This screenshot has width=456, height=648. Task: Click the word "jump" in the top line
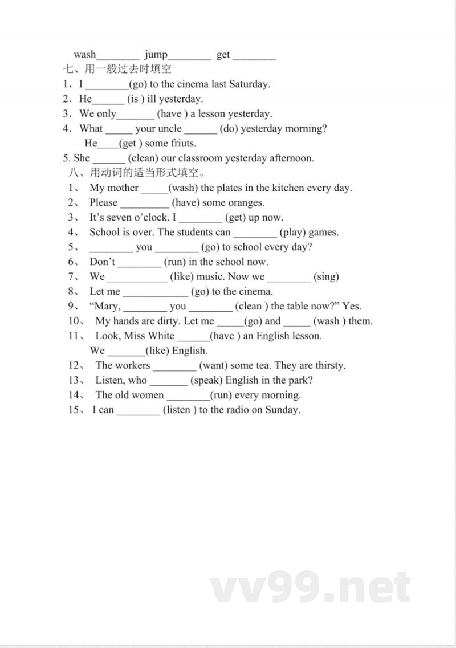pos(156,55)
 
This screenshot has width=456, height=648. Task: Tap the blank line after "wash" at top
pos(118,57)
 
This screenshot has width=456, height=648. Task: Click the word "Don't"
pos(103,262)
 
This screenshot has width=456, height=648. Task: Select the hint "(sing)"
pos(326,277)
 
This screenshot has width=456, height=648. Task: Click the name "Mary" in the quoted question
pos(107,307)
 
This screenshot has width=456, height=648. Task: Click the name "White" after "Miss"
pos(161,336)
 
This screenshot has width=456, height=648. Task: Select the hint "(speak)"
pos(205,381)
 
